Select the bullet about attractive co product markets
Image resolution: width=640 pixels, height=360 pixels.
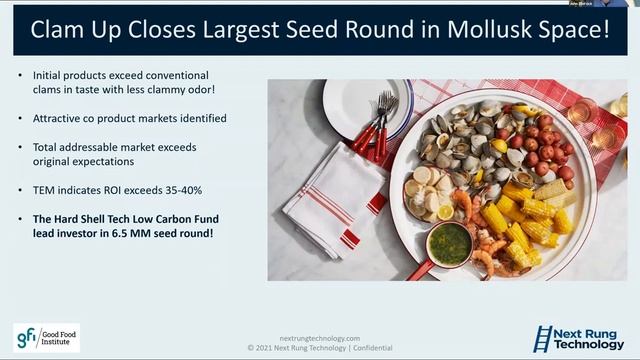[x=130, y=118]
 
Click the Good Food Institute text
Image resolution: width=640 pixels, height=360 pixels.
[x=59, y=337]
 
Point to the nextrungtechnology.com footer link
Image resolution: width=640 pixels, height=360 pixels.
[x=320, y=338]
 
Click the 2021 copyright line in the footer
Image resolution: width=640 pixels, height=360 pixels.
[x=320, y=349]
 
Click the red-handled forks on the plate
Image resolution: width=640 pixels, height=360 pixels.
[x=375, y=125]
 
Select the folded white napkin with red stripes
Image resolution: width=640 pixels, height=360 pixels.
[x=330, y=195]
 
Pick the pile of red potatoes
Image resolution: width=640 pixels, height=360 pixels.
[x=545, y=150]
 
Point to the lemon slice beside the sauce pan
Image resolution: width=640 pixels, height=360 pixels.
[x=445, y=212]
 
